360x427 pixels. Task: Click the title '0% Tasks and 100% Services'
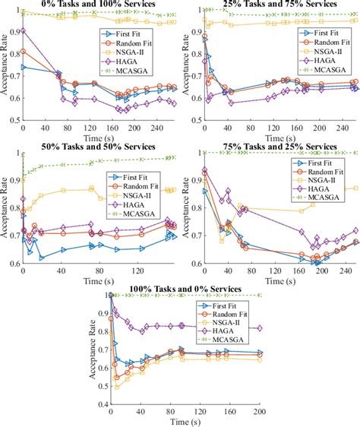click(100, 5)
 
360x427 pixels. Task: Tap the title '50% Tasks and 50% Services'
click(100, 147)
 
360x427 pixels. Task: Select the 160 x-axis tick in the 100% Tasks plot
click(230, 411)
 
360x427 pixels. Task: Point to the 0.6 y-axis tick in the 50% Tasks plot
click(14, 264)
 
